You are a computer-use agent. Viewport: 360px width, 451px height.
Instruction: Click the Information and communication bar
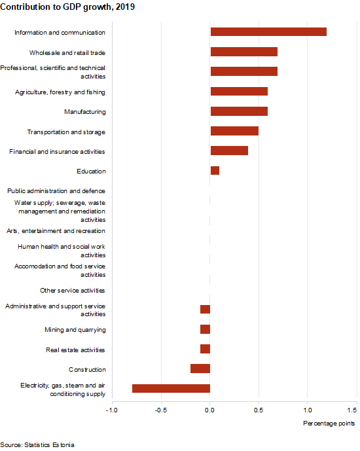(x=268, y=31)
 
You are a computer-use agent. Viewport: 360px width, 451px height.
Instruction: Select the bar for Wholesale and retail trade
(x=244, y=52)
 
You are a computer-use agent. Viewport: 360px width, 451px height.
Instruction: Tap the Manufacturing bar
(x=239, y=111)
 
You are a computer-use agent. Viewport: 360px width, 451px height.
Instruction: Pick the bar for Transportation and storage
(x=234, y=131)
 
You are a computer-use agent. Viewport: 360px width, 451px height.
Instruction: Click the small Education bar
(x=215, y=170)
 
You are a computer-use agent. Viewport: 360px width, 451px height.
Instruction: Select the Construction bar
(x=200, y=369)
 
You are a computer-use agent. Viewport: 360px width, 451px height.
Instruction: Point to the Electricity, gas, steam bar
(x=171, y=388)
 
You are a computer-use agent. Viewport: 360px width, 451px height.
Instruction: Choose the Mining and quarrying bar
(x=205, y=329)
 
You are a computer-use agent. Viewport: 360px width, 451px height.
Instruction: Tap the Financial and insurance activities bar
(x=229, y=151)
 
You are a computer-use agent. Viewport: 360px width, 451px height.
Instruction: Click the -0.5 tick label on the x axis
(x=161, y=410)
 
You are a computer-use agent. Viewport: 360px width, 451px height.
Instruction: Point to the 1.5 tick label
(x=352, y=410)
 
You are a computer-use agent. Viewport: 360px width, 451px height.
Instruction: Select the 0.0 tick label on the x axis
(x=209, y=410)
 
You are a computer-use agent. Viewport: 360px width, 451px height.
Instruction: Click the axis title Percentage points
(x=329, y=424)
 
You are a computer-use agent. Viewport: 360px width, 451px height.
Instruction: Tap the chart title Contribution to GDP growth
(x=67, y=7)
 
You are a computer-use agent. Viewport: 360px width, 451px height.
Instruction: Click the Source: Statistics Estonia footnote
(x=37, y=444)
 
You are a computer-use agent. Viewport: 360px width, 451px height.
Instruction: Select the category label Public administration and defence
(x=56, y=190)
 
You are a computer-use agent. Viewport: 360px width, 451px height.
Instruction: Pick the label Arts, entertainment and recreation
(x=56, y=230)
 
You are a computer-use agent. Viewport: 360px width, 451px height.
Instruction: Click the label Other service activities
(x=73, y=290)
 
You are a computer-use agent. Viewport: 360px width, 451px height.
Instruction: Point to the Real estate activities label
(x=75, y=350)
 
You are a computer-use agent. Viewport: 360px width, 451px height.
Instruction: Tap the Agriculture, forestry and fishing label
(x=60, y=92)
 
